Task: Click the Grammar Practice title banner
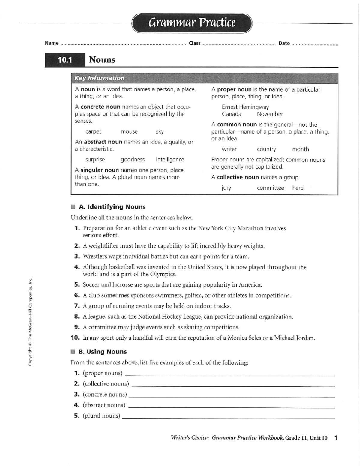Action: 192,23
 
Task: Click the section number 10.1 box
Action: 65,60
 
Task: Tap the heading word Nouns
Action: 102,60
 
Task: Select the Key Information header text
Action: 99,78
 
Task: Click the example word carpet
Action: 93,131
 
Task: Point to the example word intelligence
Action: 170,160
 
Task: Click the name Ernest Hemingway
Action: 245,107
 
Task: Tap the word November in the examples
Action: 270,114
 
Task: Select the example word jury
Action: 226,188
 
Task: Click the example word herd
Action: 298,188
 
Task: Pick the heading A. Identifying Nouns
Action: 112,207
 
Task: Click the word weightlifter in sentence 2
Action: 103,246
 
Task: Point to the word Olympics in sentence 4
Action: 163,274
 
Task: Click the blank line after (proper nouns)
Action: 230,375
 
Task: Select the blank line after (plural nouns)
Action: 228,418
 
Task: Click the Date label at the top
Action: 284,43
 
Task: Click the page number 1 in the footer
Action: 336,438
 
